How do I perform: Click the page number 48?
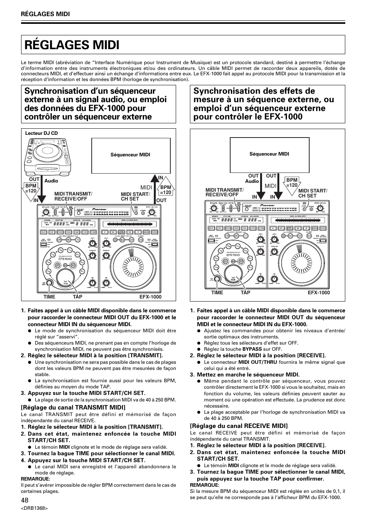25,500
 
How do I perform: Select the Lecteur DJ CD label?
41,133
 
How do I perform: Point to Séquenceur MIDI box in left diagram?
130,155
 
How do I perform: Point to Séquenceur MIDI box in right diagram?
269,154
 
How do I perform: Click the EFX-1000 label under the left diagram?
150,297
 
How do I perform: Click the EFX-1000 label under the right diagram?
319,293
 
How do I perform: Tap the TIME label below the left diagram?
49,297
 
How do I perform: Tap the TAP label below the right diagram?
246,293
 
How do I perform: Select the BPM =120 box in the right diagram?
292,182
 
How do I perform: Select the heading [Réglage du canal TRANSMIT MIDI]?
73,407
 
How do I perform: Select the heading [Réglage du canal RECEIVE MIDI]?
239,426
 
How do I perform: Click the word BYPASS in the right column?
252,349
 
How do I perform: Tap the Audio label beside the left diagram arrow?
51,181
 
